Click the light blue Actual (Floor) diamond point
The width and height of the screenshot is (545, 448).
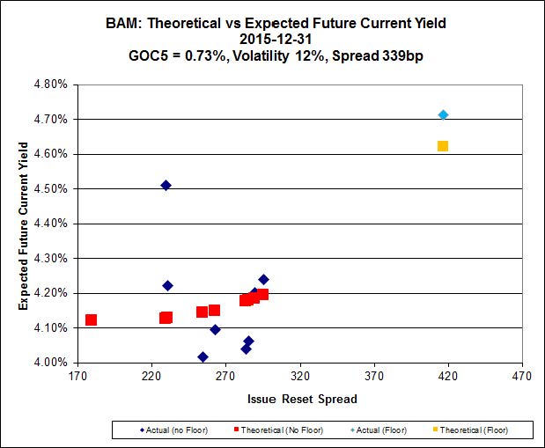click(x=443, y=114)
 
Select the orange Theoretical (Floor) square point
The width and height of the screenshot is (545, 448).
click(x=443, y=146)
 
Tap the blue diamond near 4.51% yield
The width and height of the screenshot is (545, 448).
click(x=166, y=185)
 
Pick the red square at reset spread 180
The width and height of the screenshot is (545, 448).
click(x=91, y=320)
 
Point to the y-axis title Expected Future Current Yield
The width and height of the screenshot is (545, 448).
click(x=24, y=224)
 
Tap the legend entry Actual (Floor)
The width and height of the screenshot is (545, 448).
click(x=383, y=430)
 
